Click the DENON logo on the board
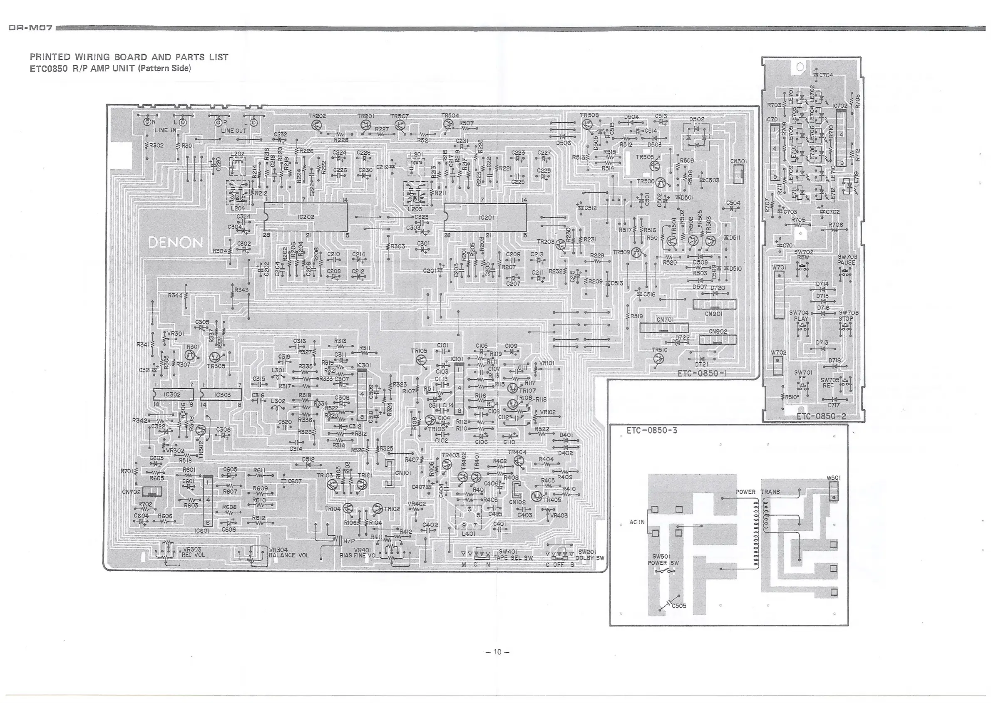(x=175, y=243)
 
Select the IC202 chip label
(x=306, y=217)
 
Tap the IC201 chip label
(x=487, y=217)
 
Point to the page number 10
(x=497, y=652)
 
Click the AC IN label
(x=637, y=522)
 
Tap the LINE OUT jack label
(x=233, y=130)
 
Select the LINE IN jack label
(x=166, y=130)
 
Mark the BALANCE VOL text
(x=289, y=555)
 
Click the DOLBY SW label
(x=589, y=557)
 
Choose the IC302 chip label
(x=172, y=395)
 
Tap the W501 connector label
(x=833, y=478)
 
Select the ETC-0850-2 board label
(x=821, y=416)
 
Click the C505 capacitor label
(x=679, y=606)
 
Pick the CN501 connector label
(x=738, y=161)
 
